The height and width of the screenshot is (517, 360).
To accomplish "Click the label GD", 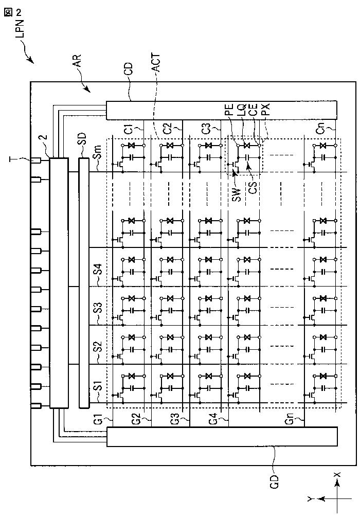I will point(275,482).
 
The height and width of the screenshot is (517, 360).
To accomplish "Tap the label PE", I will point(229,111).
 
